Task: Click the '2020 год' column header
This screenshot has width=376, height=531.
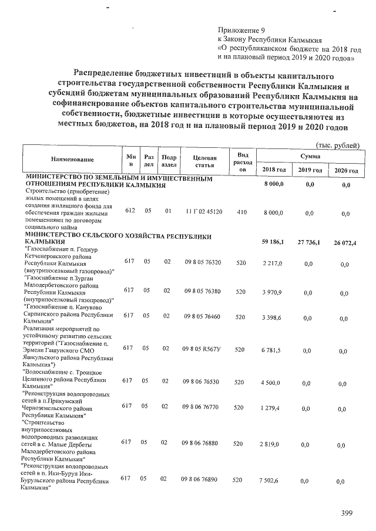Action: tap(346, 170)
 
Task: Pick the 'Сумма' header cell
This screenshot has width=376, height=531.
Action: tap(310, 156)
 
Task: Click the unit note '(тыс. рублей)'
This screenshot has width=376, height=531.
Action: tap(337, 145)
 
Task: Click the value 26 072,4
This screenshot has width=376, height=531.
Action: tap(345, 242)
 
